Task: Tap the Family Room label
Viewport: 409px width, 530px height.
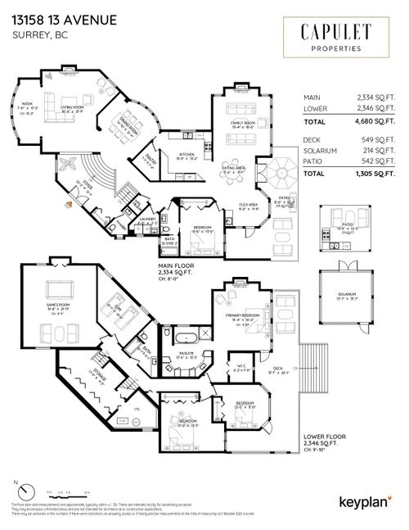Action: click(245, 125)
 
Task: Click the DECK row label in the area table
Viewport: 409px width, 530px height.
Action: click(311, 140)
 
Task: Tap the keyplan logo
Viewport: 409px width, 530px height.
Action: click(359, 501)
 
